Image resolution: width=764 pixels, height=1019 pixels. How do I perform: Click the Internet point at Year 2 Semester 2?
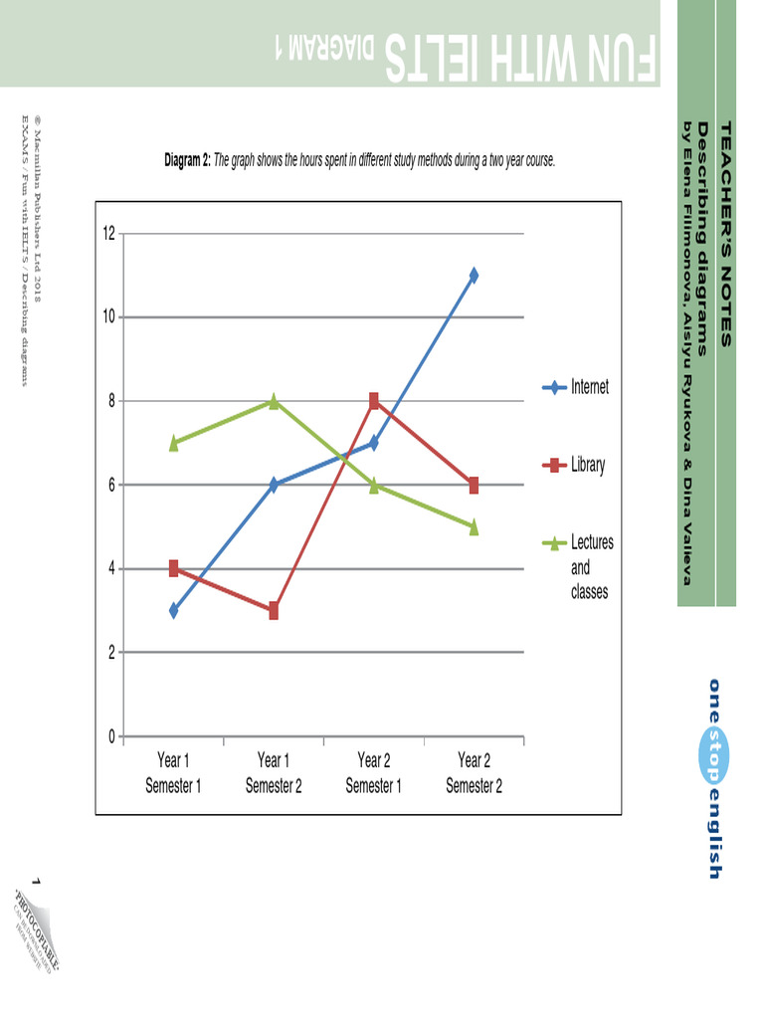474,276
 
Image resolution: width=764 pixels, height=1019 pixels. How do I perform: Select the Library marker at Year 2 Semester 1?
374,401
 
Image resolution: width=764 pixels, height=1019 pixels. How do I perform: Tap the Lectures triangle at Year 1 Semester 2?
274,401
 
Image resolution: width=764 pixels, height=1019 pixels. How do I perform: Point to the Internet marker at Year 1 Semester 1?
174,611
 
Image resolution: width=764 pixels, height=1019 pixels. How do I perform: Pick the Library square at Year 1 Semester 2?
274,611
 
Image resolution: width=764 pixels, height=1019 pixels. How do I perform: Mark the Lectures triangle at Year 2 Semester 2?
474,527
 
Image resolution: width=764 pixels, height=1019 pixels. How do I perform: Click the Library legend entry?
588,465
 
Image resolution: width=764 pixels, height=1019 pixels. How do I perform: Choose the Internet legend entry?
590,387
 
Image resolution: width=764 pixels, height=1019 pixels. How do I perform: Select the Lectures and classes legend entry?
592,567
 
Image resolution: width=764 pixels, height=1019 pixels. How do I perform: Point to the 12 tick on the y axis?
108,234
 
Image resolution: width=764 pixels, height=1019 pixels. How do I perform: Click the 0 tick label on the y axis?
111,736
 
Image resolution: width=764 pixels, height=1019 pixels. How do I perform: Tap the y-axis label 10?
108,317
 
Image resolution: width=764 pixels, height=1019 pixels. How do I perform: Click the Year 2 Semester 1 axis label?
374,773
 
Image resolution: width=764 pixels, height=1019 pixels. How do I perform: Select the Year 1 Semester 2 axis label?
274,773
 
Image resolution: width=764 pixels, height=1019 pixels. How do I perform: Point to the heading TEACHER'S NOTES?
725,234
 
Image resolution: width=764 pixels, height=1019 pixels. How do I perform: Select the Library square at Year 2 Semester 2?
474,486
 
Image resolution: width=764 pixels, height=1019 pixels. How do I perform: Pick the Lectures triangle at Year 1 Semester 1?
174,444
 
